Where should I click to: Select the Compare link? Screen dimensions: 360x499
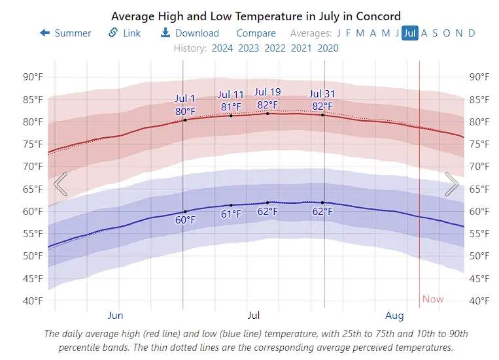click(256, 33)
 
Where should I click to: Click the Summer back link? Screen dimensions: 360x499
click(66, 33)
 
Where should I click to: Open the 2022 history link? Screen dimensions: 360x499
click(275, 48)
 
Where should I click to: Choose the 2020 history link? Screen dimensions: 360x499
click(328, 48)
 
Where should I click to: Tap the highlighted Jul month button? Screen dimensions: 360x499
click(410, 33)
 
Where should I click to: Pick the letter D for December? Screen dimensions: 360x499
click(472, 33)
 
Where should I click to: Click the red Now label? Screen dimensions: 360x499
click(433, 299)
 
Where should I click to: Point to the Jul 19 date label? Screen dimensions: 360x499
click(267, 92)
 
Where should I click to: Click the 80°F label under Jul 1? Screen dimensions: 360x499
click(185, 111)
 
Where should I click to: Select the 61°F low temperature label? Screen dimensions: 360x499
click(231, 214)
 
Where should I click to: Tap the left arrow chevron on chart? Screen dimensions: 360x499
click(60, 184)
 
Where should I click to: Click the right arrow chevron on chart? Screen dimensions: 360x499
click(451, 184)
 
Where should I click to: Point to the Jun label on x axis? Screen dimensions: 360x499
click(116, 316)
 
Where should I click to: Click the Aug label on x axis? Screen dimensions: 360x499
click(394, 316)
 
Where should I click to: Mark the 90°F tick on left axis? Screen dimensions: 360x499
click(33, 76)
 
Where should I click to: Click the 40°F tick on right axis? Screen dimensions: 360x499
click(479, 301)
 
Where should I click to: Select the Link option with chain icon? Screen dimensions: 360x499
click(125, 33)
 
